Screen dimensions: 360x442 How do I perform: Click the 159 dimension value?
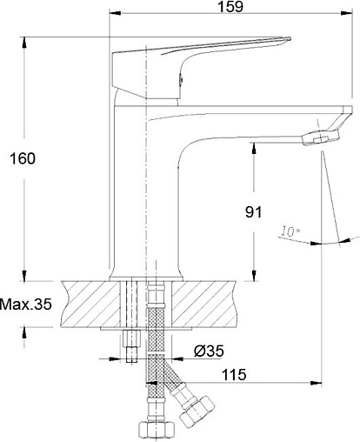[x=230, y=6]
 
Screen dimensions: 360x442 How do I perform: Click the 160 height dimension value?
[x=23, y=158]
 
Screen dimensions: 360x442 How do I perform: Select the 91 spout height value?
[x=253, y=212]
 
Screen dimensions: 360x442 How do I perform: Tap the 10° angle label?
[x=290, y=231]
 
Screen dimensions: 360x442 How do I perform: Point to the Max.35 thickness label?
[x=26, y=305]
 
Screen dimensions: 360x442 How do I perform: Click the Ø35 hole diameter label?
[x=209, y=351]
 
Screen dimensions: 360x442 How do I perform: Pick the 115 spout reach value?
[x=234, y=374]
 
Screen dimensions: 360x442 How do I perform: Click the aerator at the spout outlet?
[x=320, y=137]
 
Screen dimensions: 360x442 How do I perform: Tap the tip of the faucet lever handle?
[x=290, y=38]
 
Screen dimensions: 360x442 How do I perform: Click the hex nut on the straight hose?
[x=157, y=429]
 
